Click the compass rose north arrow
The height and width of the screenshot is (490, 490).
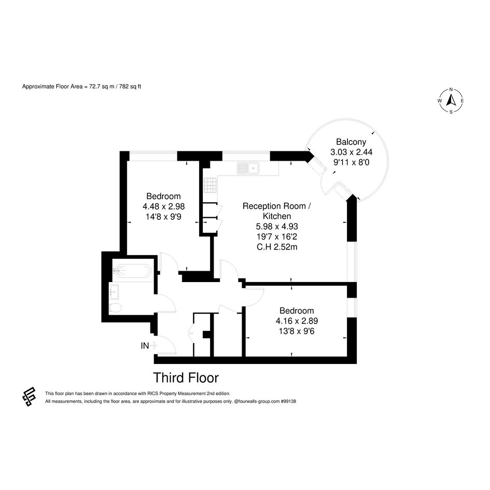coord(451,100)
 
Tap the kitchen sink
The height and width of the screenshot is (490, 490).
coord(248,168)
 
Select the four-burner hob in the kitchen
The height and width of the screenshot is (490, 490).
coord(211,185)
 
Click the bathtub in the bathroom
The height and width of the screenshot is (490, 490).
coord(133,271)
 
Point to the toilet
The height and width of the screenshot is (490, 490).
coord(115,307)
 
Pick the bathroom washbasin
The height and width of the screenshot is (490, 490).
coord(114,292)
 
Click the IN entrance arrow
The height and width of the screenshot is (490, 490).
coord(153,345)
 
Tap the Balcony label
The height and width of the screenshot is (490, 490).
coord(351,142)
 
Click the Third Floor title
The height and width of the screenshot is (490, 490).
coord(186,377)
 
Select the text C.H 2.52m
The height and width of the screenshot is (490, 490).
coord(277,247)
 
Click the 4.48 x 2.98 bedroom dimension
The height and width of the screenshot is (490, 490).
coord(164,206)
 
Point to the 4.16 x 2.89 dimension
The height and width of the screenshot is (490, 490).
coord(297,321)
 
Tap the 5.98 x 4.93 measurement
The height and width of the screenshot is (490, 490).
coord(277,226)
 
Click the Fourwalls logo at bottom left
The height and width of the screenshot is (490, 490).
coord(29,396)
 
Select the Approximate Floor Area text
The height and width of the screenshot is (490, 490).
coord(81,87)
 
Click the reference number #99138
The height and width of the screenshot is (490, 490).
coord(288,401)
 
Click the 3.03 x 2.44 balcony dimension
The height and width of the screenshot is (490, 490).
coord(351,152)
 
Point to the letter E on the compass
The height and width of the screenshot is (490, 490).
coord(462,101)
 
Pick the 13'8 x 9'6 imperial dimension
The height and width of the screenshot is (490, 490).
coord(297,331)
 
